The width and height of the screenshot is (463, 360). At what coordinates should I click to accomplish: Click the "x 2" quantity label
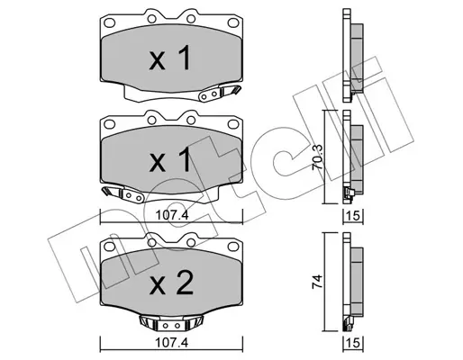tap(171, 283)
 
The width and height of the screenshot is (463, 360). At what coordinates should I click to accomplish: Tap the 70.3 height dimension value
tap(317, 157)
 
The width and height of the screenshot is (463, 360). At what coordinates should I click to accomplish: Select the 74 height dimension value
tap(317, 281)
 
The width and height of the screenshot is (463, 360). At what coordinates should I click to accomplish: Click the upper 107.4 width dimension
tap(172, 215)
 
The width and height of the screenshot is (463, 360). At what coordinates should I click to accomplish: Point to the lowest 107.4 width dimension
tap(172, 343)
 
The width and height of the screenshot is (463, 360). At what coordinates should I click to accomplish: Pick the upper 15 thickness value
tap(354, 216)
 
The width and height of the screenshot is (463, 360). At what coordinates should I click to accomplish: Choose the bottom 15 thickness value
tap(354, 343)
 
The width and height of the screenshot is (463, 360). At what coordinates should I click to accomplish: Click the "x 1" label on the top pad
tap(170, 58)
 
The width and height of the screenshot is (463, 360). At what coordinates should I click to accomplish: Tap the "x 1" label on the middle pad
tap(170, 160)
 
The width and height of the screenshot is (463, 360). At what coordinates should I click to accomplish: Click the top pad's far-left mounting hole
tap(109, 22)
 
